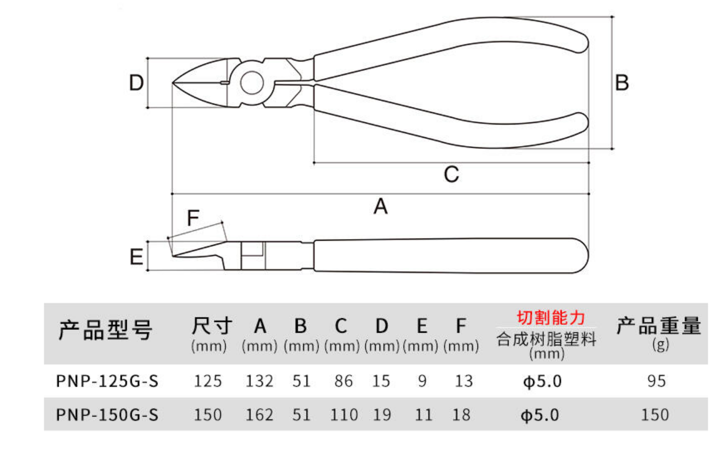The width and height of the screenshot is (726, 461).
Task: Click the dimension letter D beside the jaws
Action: coord(136,82)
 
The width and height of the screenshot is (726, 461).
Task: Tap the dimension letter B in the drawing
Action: coord(622,82)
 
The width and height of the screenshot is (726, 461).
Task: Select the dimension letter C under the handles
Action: coord(451,174)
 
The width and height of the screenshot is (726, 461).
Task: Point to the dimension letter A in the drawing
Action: coord(381,206)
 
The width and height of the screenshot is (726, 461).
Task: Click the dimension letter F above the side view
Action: coord(193,217)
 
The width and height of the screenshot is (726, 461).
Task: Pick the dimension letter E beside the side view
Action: coord(136,257)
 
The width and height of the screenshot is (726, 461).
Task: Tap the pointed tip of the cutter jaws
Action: coord(173,83)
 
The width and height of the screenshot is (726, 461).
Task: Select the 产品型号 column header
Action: coord(105,330)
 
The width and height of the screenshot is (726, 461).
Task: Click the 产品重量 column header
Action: coord(659,325)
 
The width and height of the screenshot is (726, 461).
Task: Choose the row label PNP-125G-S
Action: coord(107,381)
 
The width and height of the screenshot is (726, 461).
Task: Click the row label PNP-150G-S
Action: coord(107,415)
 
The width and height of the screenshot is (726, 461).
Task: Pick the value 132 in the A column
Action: coord(260,381)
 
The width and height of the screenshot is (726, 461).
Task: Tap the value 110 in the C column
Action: coord(344,415)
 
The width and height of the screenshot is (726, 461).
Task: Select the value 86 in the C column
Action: coord(344,381)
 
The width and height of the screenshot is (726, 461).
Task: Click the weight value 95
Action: coord(657,381)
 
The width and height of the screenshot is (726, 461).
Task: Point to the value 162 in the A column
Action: coord(260,415)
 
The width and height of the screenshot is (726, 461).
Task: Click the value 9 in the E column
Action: coord(422,381)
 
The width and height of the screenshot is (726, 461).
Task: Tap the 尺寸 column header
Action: coord(212,325)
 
